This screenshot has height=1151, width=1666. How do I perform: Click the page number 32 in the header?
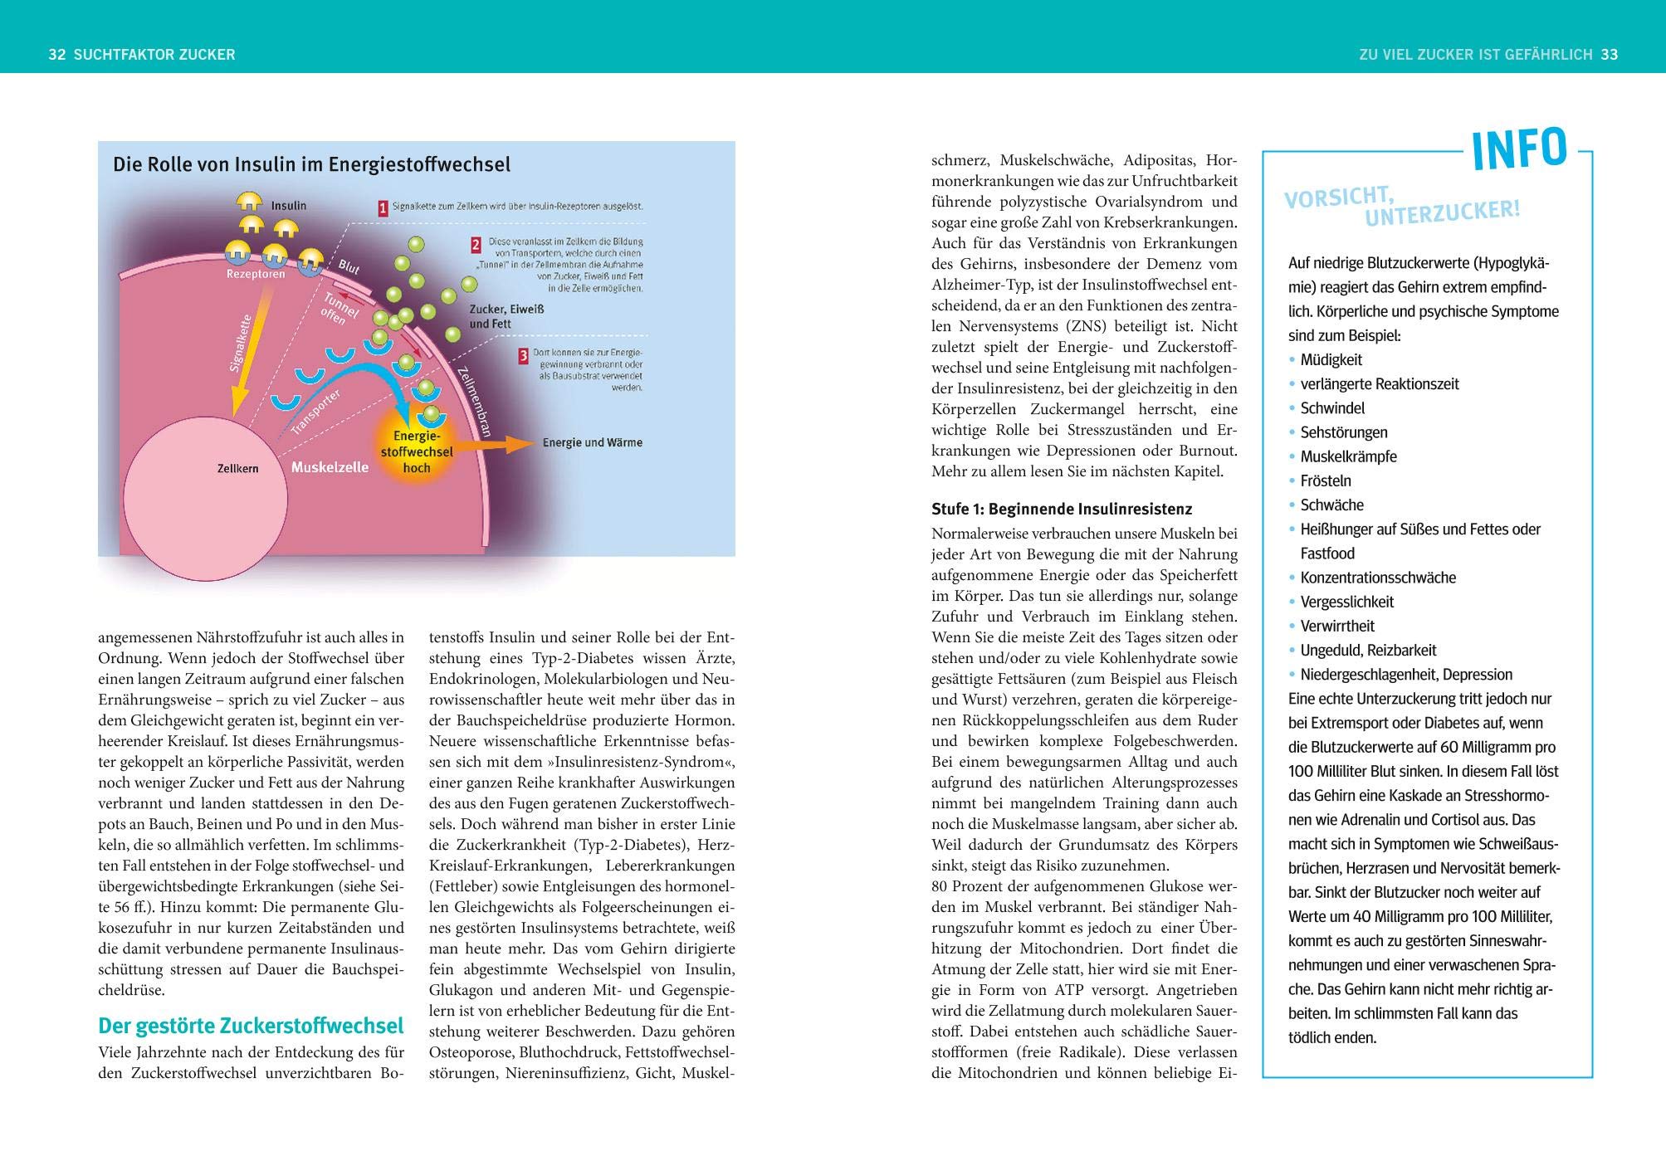click(x=56, y=55)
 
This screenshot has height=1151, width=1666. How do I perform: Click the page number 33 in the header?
click(x=1609, y=55)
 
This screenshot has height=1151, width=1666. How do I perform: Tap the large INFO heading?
click(x=1518, y=150)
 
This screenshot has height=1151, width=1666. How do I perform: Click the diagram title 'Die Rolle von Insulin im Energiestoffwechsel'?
click(x=311, y=164)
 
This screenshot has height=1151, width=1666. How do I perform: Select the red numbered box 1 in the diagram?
click(x=383, y=208)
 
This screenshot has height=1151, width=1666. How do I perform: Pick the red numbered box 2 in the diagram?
click(x=476, y=244)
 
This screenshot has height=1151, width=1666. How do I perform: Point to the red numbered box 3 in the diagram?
click(x=523, y=356)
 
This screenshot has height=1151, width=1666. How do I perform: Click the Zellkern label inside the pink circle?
click(x=237, y=469)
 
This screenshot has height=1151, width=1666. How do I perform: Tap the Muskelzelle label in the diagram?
click(x=330, y=467)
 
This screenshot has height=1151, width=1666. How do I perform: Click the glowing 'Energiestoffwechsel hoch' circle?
click(x=417, y=451)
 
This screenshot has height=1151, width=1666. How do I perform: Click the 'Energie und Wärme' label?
click(x=592, y=442)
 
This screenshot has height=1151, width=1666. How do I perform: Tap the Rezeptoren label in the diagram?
click(x=256, y=275)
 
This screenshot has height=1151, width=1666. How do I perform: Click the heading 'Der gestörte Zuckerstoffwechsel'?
click(x=251, y=1027)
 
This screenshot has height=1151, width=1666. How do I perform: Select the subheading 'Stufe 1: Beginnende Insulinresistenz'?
click(x=1062, y=509)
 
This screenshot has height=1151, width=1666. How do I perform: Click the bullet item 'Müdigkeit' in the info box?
click(x=1331, y=360)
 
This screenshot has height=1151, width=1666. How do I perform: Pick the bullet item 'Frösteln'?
click(x=1325, y=481)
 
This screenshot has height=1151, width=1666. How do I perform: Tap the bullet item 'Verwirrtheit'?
click(x=1336, y=627)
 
